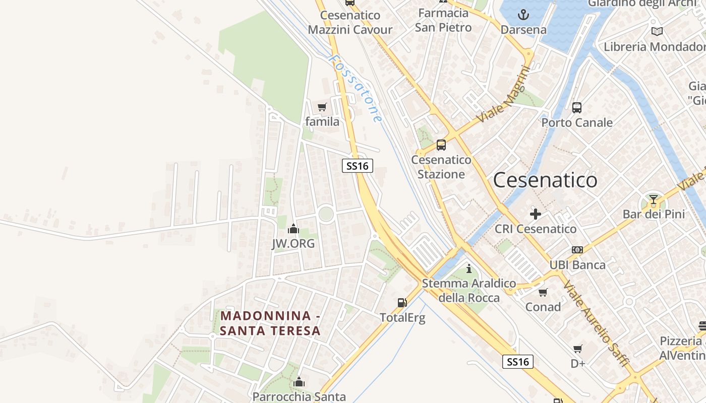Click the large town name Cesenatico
tap(545, 180)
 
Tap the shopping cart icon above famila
tap(322, 107)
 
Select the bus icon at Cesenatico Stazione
tap(441, 145)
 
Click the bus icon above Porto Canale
tap(577, 107)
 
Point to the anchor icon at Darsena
tap(523, 15)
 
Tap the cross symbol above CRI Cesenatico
tap(536, 214)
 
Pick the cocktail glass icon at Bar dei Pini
tap(654, 199)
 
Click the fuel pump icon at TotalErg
tap(402, 303)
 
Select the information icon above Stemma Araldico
tap(468, 268)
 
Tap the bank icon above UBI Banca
tap(577, 250)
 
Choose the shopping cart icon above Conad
tap(543, 292)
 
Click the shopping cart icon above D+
tap(578, 349)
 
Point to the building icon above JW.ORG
tap(293, 229)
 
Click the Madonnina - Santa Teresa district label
tap(270, 323)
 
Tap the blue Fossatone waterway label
tap(355, 88)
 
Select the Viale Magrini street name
tap(504, 94)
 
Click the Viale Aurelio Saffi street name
tap(596, 323)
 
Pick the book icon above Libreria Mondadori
tap(657, 32)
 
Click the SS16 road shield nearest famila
tap(358, 166)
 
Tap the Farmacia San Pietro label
tap(443, 20)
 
